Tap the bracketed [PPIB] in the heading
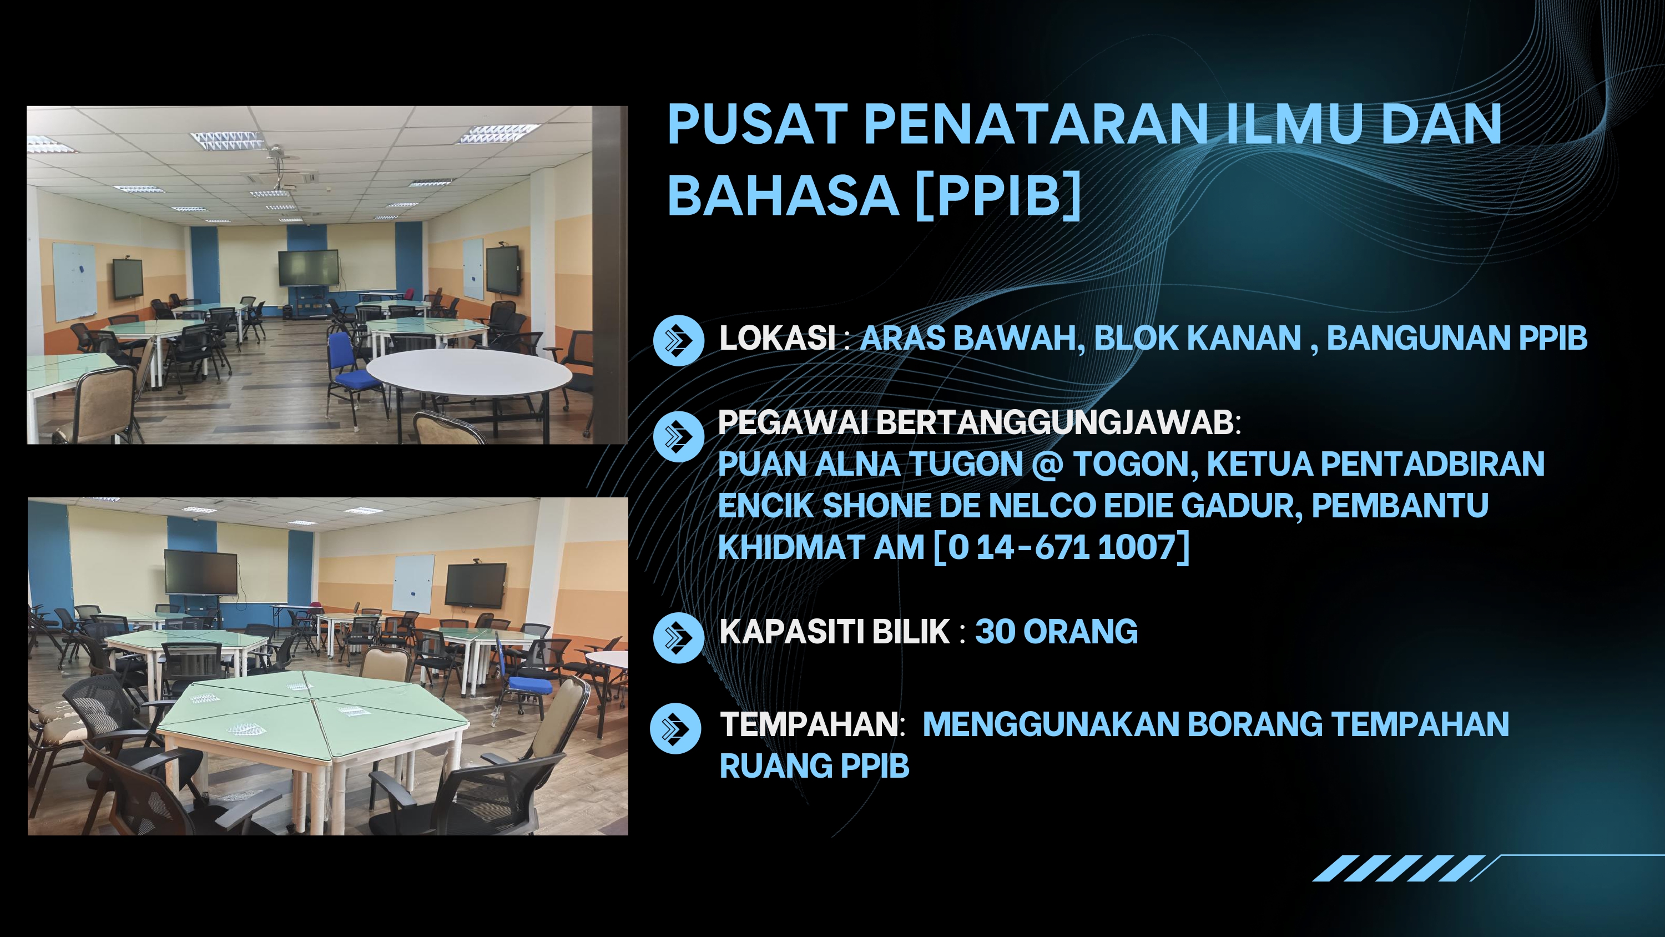(998, 195)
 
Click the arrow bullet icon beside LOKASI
(678, 340)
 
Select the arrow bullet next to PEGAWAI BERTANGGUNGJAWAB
(678, 436)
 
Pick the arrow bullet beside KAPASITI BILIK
(678, 638)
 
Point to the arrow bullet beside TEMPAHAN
(675, 729)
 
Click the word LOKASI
(778, 337)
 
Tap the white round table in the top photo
(469, 376)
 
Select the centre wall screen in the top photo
(309, 268)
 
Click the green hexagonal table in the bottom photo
(313, 711)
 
